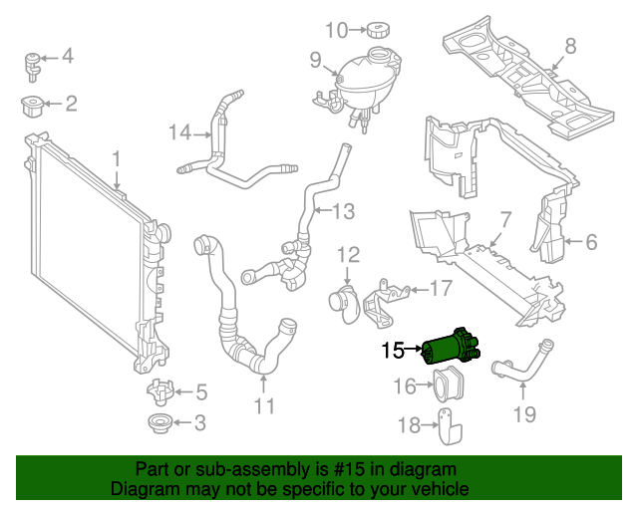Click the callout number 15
(x=391, y=350)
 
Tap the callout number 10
(x=336, y=30)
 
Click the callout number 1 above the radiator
(x=116, y=158)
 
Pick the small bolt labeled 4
(x=35, y=63)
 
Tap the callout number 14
(x=178, y=132)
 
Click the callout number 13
(x=342, y=211)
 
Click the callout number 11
(x=263, y=405)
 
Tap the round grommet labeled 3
(x=159, y=423)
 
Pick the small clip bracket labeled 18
(x=450, y=431)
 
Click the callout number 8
(x=570, y=45)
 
